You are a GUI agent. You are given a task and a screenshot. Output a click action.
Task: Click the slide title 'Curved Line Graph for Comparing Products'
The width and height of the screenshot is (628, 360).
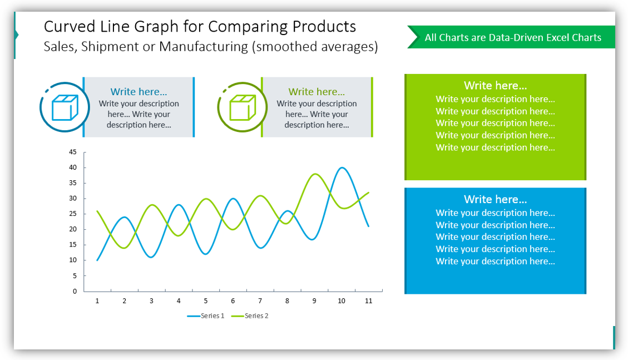(x=200, y=27)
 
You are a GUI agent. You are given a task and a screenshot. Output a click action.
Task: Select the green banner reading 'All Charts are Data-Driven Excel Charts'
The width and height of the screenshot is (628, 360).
(x=512, y=38)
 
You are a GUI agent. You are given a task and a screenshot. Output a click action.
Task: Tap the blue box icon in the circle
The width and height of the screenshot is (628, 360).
(x=65, y=107)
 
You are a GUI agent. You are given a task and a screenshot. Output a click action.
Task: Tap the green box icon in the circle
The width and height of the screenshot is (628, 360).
(x=243, y=107)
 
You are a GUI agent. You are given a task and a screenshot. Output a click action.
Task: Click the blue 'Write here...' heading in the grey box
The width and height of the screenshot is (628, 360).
(x=139, y=92)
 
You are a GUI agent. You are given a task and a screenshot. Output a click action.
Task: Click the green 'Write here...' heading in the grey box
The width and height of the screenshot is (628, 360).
(x=317, y=92)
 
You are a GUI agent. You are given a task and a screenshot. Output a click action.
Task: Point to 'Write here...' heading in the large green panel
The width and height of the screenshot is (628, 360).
(x=495, y=86)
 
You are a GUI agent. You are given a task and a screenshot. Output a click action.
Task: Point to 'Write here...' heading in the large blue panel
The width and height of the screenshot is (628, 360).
(x=495, y=199)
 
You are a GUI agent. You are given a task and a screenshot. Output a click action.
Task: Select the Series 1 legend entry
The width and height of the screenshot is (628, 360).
(x=206, y=316)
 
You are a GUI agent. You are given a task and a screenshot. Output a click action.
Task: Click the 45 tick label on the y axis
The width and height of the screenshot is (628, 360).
(x=73, y=152)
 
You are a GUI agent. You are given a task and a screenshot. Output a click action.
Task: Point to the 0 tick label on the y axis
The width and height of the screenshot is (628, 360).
(x=75, y=291)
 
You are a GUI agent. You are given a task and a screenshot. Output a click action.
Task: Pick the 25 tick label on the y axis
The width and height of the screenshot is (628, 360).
(x=73, y=214)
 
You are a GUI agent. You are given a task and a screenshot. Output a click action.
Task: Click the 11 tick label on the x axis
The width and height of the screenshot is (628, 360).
(x=368, y=301)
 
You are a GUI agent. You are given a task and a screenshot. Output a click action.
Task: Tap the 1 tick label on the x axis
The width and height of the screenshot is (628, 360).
(x=97, y=301)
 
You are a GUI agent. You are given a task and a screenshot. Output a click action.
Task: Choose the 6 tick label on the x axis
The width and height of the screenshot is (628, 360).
(x=233, y=301)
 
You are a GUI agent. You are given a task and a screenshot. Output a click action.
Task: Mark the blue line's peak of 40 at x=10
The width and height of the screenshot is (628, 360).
(x=342, y=167)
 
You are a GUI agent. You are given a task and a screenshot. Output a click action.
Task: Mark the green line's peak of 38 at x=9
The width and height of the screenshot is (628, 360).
(x=315, y=174)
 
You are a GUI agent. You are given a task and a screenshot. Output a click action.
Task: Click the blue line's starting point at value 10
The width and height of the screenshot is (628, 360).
(x=97, y=260)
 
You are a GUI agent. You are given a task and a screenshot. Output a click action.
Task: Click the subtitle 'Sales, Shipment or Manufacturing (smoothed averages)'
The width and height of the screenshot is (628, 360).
(x=211, y=47)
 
